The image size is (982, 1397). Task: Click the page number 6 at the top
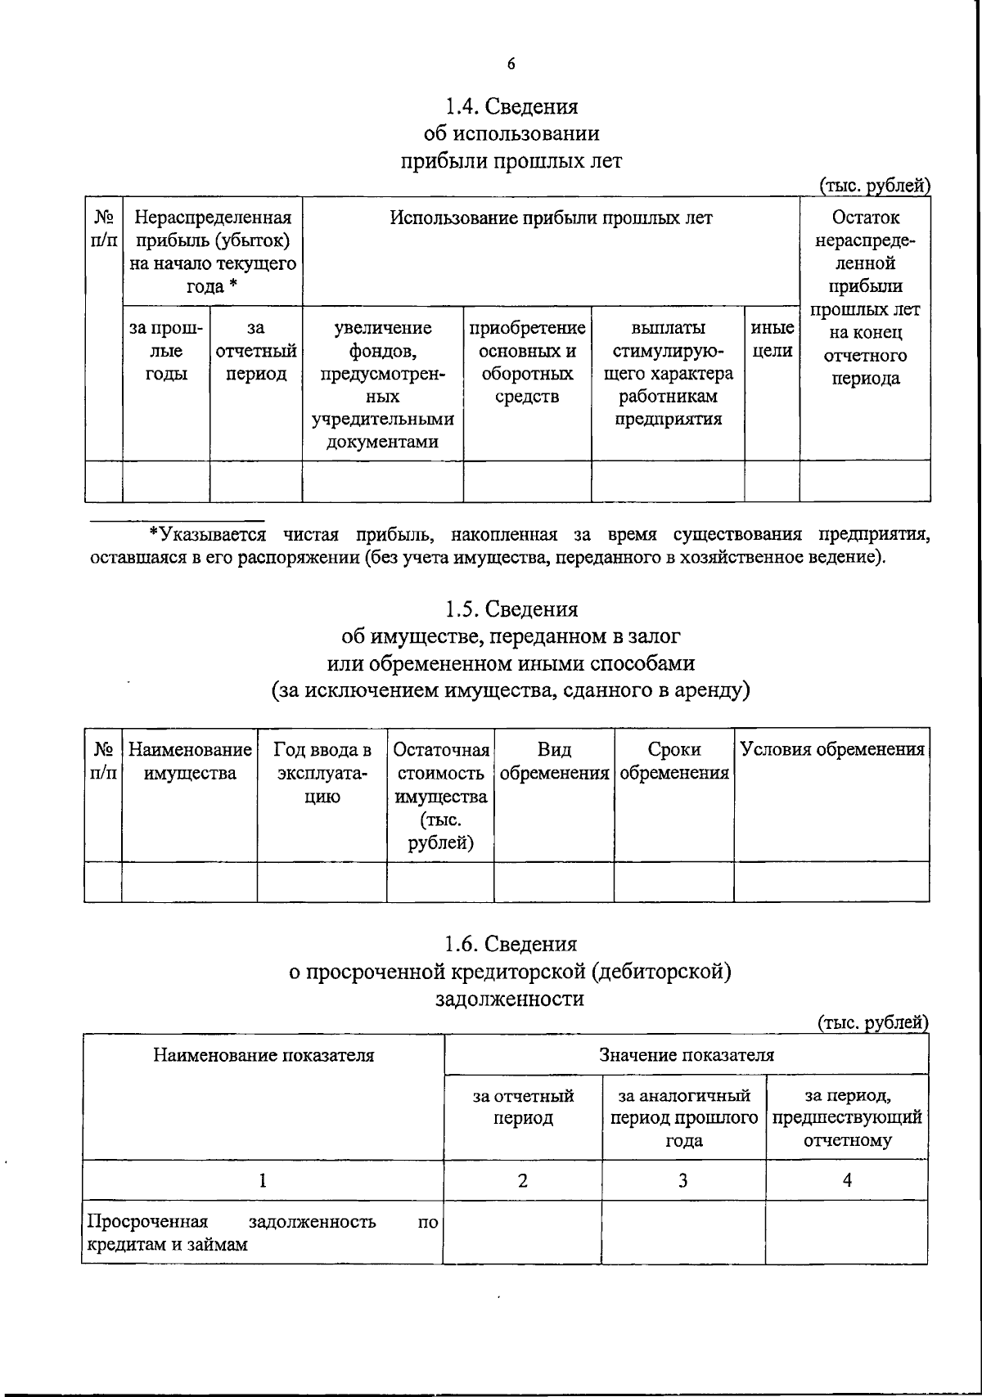pyautogui.click(x=511, y=65)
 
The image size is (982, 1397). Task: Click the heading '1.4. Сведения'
pyautogui.click(x=511, y=107)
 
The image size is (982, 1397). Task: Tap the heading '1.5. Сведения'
pyautogui.click(x=511, y=609)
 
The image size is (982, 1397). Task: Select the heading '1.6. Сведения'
pyautogui.click(x=511, y=944)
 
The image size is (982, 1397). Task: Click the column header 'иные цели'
pyautogui.click(x=772, y=339)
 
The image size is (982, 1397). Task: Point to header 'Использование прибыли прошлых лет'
pyautogui.click(x=551, y=218)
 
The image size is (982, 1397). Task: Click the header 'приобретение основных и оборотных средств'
pyautogui.click(x=527, y=362)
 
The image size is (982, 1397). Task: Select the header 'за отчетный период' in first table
pyautogui.click(x=255, y=351)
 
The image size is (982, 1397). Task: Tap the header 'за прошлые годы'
pyautogui.click(x=166, y=351)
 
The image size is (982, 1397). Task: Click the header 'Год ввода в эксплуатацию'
pyautogui.click(x=322, y=773)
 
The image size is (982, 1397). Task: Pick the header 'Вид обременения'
pyautogui.click(x=554, y=761)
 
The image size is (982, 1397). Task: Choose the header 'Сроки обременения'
pyautogui.click(x=673, y=761)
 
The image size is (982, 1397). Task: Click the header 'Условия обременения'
pyautogui.click(x=831, y=750)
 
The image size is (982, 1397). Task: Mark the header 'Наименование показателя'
pyautogui.click(x=264, y=1055)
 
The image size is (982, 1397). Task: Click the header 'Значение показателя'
pyautogui.click(x=686, y=1055)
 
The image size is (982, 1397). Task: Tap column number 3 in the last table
pyautogui.click(x=683, y=1179)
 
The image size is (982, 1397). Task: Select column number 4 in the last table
pyautogui.click(x=847, y=1179)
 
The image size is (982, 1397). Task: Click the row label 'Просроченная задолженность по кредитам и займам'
pyautogui.click(x=262, y=1233)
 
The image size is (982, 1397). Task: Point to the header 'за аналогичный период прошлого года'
pyautogui.click(x=684, y=1118)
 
